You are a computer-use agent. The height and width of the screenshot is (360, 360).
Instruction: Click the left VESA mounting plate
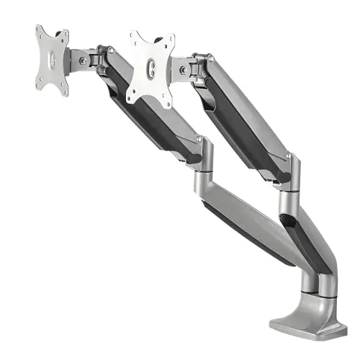click(x=52, y=60)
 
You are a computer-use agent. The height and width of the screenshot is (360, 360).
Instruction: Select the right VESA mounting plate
click(x=151, y=68)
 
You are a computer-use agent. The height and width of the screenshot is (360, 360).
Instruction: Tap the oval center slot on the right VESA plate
click(x=151, y=69)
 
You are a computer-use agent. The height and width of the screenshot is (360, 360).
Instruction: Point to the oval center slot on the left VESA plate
click(x=52, y=60)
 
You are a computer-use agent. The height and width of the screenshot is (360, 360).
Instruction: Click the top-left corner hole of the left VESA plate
click(x=40, y=32)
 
